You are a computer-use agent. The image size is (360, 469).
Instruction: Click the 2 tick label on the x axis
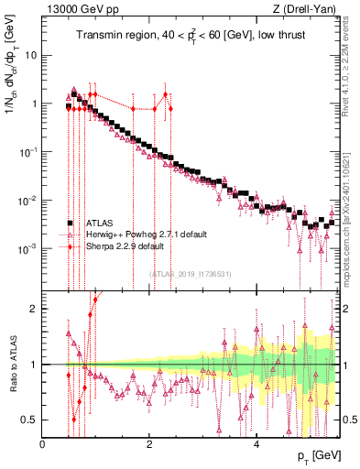[x=149, y=445]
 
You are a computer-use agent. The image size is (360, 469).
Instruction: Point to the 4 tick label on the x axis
[x=256, y=445]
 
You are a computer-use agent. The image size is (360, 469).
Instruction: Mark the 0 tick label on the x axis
[x=43, y=445]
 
